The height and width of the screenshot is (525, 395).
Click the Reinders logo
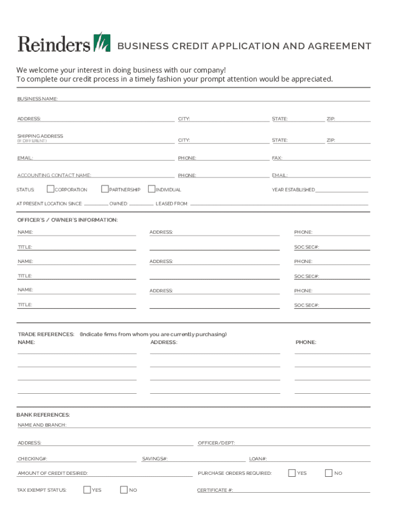coord(64,43)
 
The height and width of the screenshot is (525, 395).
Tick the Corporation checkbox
coord(50,189)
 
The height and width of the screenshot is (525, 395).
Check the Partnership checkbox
coord(105,189)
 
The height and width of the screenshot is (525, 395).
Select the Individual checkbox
coord(151,189)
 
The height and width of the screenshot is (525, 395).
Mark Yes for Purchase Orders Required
coord(292,473)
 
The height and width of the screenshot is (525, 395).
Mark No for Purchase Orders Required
coord(329,473)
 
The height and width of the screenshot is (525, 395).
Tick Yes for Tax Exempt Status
coord(87,490)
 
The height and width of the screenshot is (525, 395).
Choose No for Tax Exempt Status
coord(124,490)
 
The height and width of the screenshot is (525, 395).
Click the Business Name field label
coord(37,98)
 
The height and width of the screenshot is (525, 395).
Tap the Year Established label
coord(293,190)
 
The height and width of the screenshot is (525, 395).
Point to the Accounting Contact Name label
coord(54,175)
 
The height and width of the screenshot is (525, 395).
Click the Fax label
coord(277,158)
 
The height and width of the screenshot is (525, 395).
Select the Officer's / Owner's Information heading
coord(68,220)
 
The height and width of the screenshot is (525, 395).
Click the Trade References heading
coord(46,334)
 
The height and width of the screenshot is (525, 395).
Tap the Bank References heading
coord(43,415)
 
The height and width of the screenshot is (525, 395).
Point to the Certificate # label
coord(215,490)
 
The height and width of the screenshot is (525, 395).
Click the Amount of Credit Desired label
coord(52,473)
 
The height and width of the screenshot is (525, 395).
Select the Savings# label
coord(154,459)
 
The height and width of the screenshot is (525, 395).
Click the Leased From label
coord(172,204)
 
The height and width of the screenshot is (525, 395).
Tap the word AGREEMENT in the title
coord(340,46)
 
